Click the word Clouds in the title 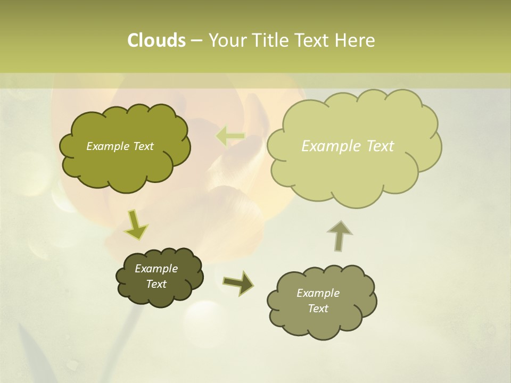coord(156,40)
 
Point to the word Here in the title coord(355,40)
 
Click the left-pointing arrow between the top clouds coord(230,137)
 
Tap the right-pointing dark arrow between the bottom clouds coord(238,282)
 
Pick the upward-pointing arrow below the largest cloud coord(339,235)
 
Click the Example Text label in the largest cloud coord(348,146)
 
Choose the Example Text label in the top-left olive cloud coord(120,146)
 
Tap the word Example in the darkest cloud coord(156,269)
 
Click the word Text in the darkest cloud coord(156,284)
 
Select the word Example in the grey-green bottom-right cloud coord(318,293)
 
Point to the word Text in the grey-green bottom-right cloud coord(318,309)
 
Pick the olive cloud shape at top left coord(125,170)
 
